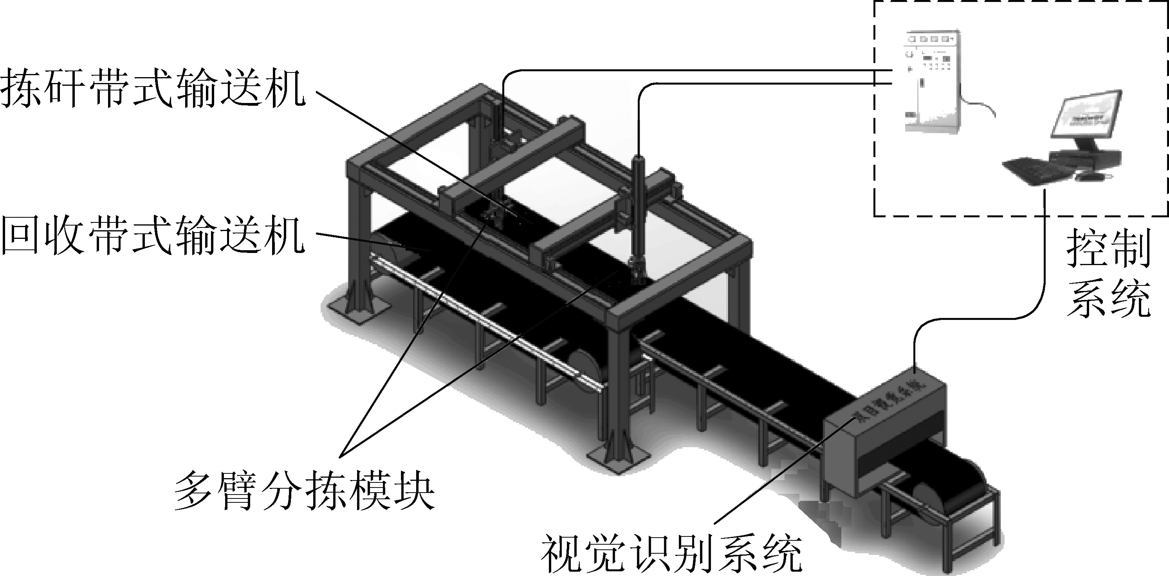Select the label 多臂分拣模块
pos(304,491)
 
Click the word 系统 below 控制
pos(1108,298)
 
